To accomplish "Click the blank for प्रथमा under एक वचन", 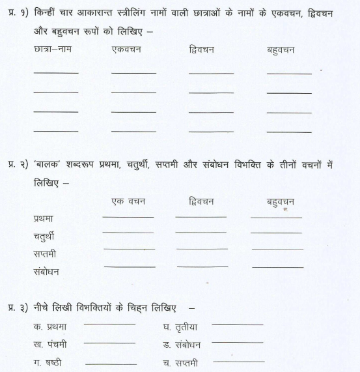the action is click(128, 216).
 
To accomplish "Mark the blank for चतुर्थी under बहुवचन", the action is click(276, 233).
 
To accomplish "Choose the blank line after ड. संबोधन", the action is click(238, 342).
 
